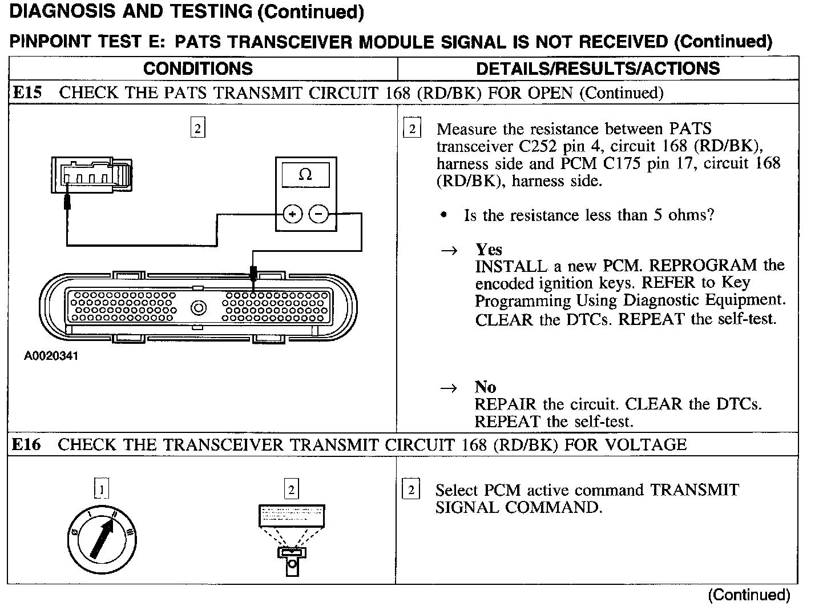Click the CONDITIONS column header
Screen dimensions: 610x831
197,69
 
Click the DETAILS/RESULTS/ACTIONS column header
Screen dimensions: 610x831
598,69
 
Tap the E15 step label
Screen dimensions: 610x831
27,93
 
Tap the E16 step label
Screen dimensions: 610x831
27,444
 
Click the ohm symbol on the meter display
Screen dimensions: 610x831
305,175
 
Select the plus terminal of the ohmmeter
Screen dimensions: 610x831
293,215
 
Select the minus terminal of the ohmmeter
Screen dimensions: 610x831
318,215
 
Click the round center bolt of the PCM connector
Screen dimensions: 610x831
198,308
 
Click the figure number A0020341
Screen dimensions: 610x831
51,356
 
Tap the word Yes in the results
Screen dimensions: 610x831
489,250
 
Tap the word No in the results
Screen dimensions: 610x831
485,387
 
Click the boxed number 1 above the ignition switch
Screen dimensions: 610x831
101,489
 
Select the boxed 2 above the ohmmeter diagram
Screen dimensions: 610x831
197,129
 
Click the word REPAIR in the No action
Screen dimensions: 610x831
506,404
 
